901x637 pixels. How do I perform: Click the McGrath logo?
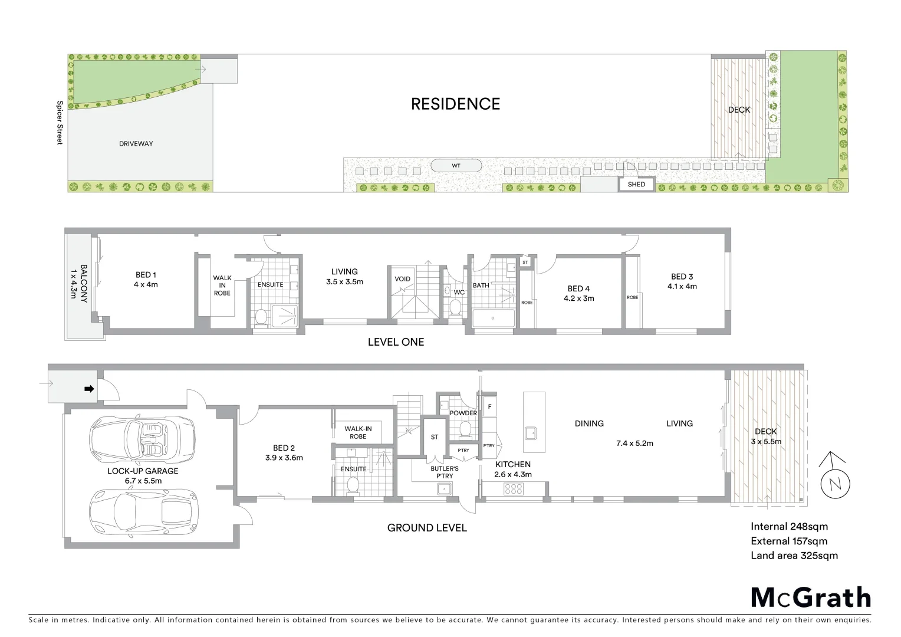tap(810, 597)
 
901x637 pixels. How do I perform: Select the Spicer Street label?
tap(59, 123)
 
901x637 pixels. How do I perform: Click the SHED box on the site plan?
tap(636, 184)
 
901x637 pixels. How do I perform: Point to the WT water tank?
tap(456, 166)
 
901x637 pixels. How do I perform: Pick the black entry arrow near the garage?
tap(89, 389)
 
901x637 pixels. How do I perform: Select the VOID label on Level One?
tap(403, 279)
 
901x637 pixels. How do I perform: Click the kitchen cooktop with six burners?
tap(514, 488)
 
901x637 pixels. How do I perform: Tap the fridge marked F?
tap(489, 406)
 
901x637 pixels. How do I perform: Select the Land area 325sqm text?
tap(794, 556)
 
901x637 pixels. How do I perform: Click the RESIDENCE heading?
tap(455, 104)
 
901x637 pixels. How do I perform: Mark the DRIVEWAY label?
tap(136, 143)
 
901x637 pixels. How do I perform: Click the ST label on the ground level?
tap(435, 437)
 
